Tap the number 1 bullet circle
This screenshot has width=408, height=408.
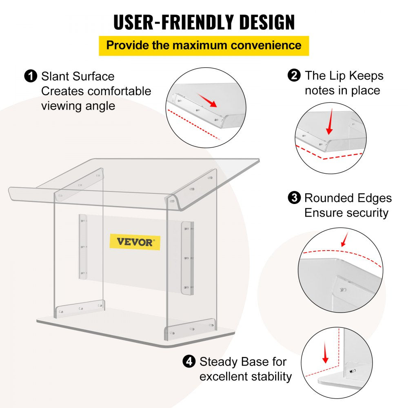[30, 76]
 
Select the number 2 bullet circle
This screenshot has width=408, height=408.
[294, 75]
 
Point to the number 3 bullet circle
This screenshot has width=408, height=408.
[294, 198]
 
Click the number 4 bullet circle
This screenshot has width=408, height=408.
[188, 361]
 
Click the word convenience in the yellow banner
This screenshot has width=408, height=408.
[266, 45]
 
